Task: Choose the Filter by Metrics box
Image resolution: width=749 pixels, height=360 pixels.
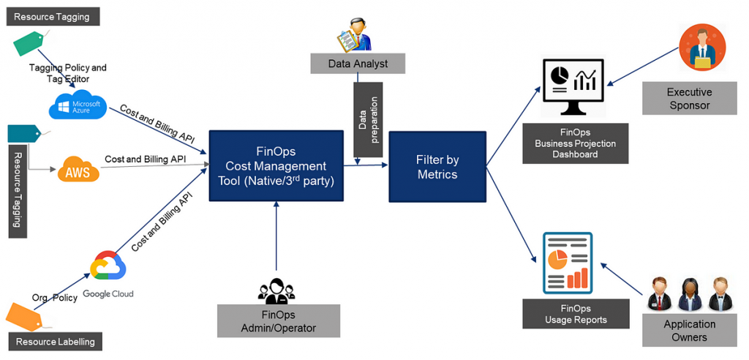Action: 437,167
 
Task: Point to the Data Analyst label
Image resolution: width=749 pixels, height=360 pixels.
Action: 358,64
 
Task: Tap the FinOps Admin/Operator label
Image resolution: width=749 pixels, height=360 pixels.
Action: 279,321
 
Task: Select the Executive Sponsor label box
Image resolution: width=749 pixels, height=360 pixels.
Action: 689,99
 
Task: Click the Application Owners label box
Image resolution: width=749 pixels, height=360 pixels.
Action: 689,331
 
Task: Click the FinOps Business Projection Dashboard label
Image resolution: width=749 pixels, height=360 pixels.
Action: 575,143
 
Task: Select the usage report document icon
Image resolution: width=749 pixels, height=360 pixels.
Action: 568,263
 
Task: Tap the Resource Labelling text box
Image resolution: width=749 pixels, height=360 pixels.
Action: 55,341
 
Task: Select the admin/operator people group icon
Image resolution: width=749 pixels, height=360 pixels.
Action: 277,290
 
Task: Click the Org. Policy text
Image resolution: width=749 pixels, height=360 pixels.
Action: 55,298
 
